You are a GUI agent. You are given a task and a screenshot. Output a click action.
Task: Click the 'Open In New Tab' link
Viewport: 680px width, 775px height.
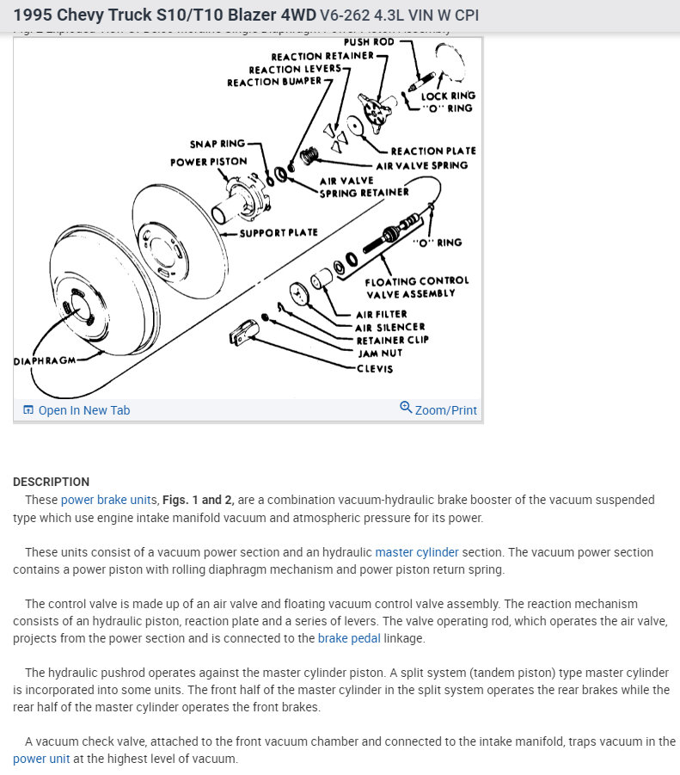click(x=83, y=410)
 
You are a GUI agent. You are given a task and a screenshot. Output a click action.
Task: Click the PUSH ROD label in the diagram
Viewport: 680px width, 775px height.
click(x=369, y=42)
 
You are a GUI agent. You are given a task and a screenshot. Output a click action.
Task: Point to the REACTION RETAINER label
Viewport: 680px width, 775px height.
click(x=322, y=56)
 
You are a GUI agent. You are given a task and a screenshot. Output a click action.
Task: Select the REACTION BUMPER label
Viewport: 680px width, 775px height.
click(x=273, y=83)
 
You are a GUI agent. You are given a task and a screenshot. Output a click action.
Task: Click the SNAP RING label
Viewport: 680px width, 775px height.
click(x=217, y=144)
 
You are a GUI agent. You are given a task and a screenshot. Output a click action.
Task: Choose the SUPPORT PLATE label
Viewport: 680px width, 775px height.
click(x=279, y=232)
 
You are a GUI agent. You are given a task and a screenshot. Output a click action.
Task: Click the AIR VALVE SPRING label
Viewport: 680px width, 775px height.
click(x=421, y=165)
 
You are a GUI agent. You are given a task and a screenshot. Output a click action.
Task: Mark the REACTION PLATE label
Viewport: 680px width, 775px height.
click(x=432, y=151)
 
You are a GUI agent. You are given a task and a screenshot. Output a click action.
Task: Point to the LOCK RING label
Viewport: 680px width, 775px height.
click(x=447, y=96)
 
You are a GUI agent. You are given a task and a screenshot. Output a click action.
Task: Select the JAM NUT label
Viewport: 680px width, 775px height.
click(x=379, y=353)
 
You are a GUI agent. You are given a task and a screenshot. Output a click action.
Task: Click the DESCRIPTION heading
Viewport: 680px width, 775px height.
click(x=51, y=482)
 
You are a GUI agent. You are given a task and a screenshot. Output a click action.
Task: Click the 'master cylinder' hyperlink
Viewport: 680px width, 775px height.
click(x=417, y=552)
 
